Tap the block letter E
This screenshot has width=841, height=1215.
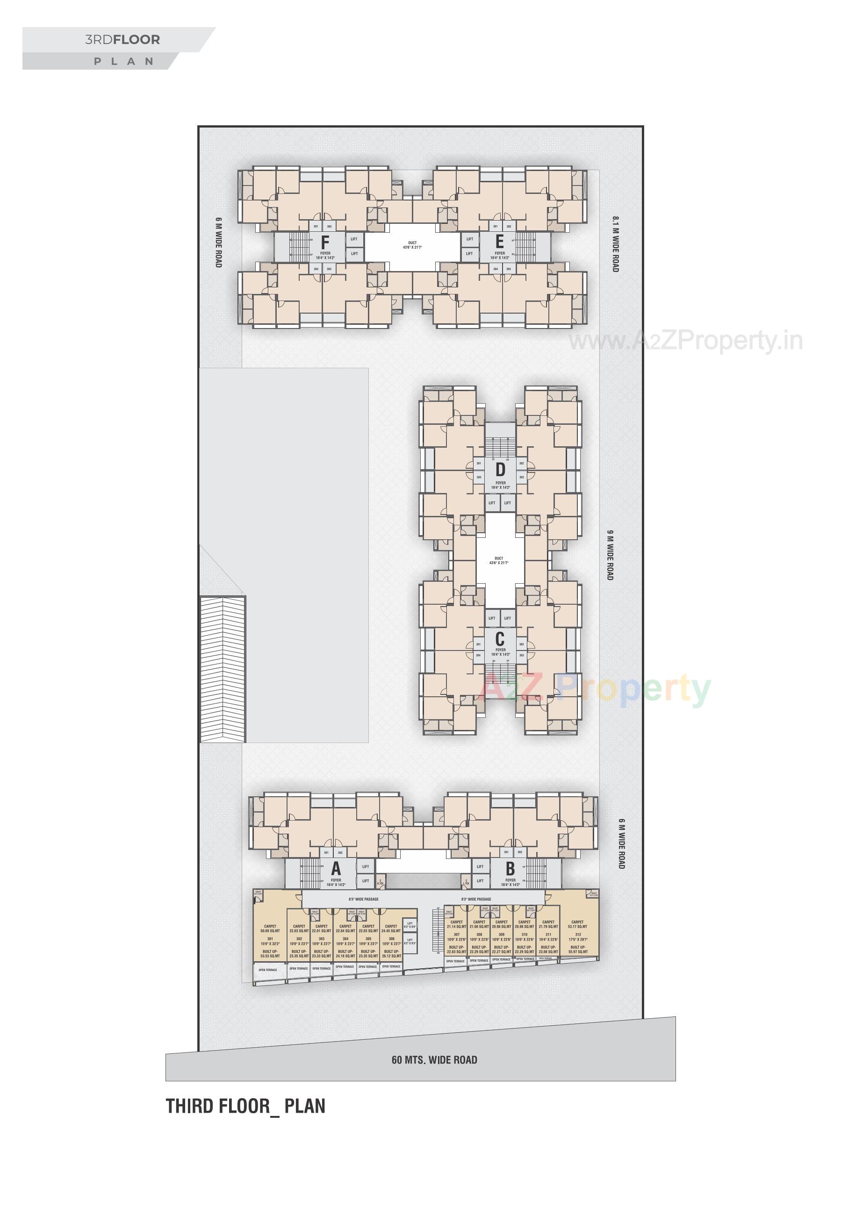(500, 242)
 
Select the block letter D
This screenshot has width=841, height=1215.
(500, 469)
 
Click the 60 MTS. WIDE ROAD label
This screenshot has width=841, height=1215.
(434, 1060)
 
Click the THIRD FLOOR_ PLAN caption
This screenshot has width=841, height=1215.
(245, 1106)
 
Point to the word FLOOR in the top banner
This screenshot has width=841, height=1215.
(137, 40)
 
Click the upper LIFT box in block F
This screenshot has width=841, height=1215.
(353, 239)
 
